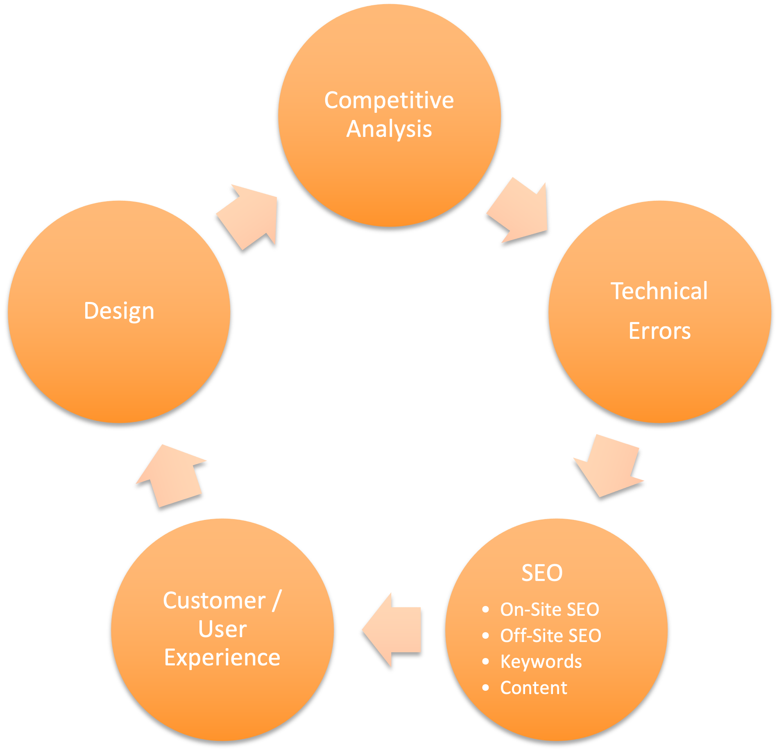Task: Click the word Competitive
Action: coord(389,100)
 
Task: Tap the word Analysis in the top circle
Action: coord(389,129)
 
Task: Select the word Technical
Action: coord(659,291)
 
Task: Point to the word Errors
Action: coord(659,331)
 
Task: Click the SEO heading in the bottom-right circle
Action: coord(542,573)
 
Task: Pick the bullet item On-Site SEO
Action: coord(549,609)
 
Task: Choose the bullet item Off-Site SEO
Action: coord(550,635)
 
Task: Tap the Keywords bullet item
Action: coord(541,662)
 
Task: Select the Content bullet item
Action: coord(534,688)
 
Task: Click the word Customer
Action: coord(214,601)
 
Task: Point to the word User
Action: coord(222,629)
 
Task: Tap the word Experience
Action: coord(222,658)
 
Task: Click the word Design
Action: coord(119,311)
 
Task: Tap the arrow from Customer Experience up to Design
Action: coord(172,475)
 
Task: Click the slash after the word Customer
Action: coord(276,601)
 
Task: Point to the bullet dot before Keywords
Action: coord(486,661)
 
